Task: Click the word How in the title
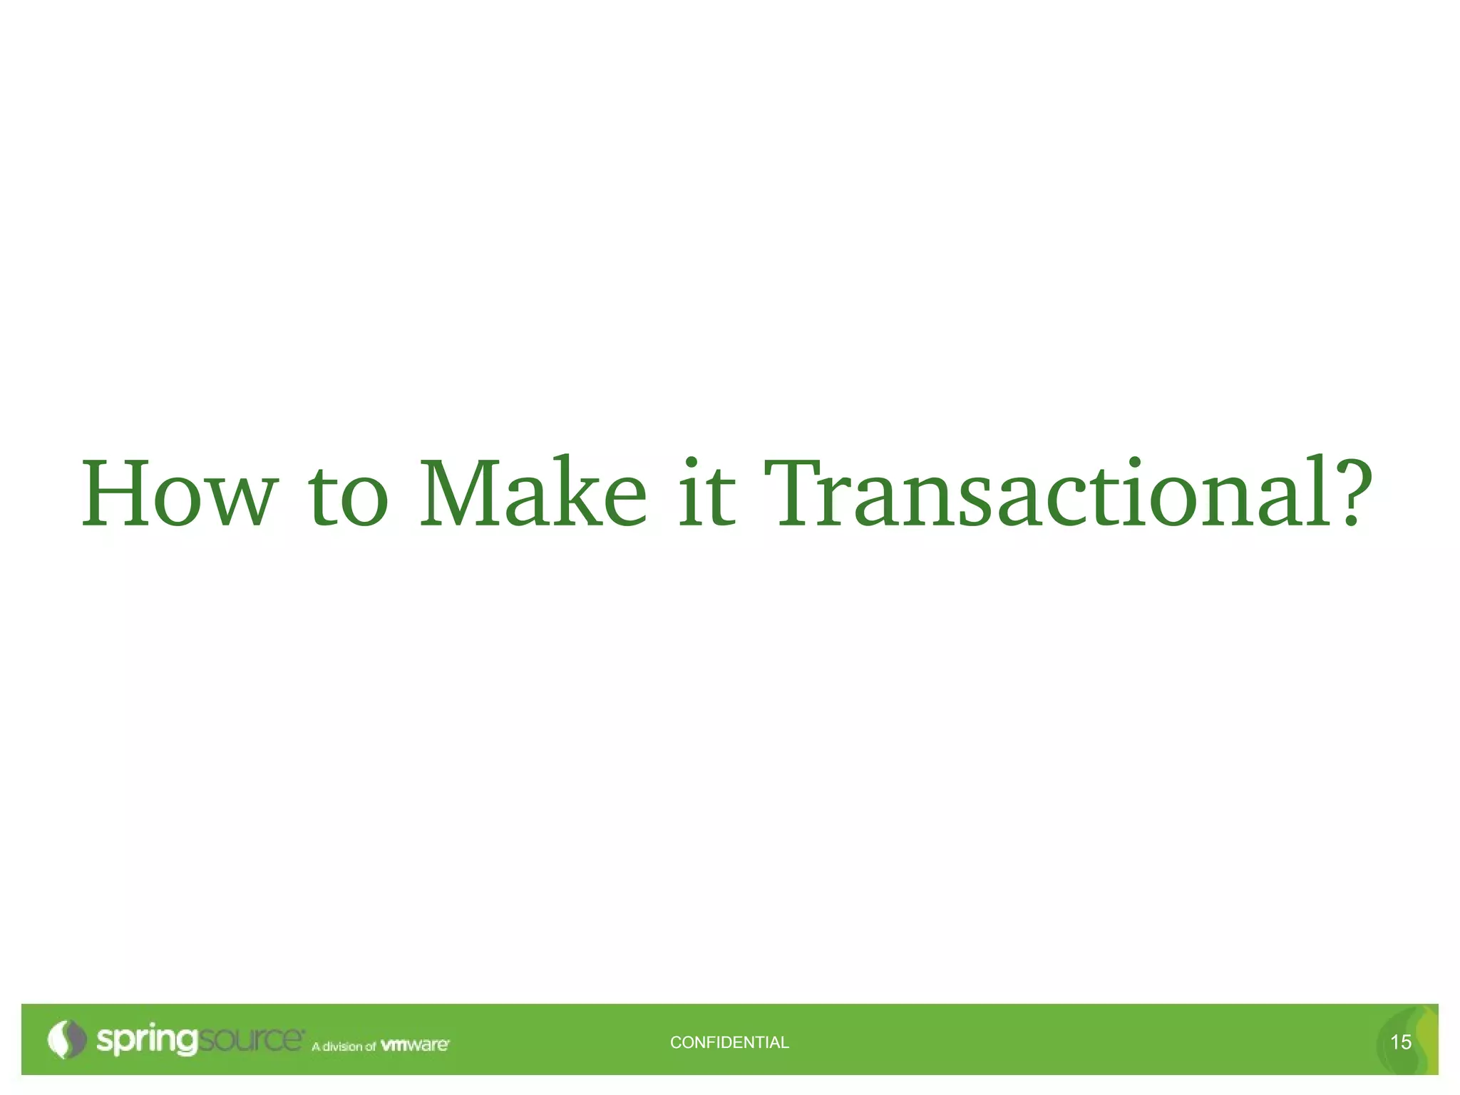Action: click(x=179, y=493)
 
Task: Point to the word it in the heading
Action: click(x=706, y=493)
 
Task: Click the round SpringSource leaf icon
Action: click(x=66, y=1039)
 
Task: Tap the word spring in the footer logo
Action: click(x=147, y=1040)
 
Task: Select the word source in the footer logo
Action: click(x=250, y=1040)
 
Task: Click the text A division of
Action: click(x=344, y=1047)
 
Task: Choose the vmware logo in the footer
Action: click(x=415, y=1045)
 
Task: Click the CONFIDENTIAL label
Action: click(x=729, y=1042)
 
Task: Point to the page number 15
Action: click(x=1400, y=1042)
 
